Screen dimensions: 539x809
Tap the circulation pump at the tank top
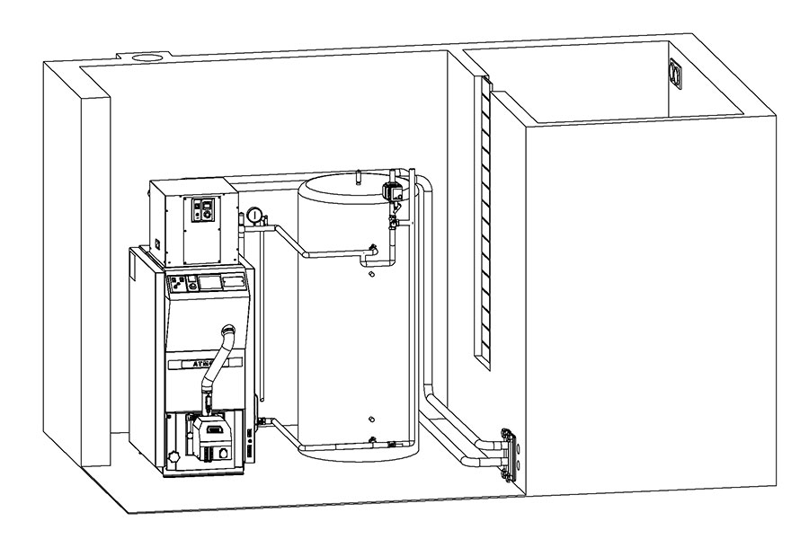[392, 190]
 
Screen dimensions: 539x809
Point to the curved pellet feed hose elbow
[228, 335]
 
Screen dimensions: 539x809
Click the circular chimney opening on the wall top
[147, 57]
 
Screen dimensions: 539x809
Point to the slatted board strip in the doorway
[485, 225]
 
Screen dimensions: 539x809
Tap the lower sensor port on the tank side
[371, 418]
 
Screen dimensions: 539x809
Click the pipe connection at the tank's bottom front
[371, 439]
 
